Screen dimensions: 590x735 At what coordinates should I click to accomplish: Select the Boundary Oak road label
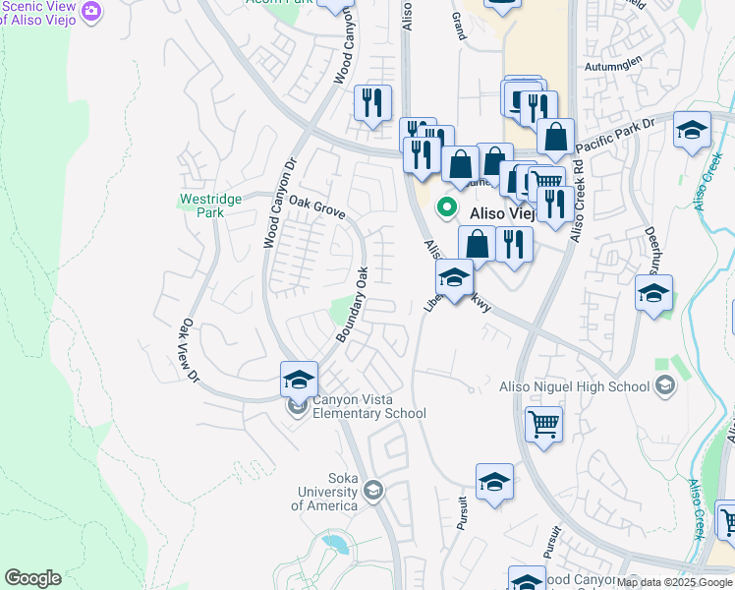pyautogui.click(x=352, y=305)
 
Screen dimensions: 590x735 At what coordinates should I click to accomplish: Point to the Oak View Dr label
pyautogui.click(x=190, y=351)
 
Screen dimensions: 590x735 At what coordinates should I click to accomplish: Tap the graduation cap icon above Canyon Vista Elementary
pyautogui.click(x=299, y=379)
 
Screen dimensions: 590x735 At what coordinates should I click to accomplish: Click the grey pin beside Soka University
pyautogui.click(x=372, y=490)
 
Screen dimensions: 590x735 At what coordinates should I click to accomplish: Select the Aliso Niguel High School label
pyautogui.click(x=576, y=385)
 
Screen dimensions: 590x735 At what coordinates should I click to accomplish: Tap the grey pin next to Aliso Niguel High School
pyautogui.click(x=666, y=384)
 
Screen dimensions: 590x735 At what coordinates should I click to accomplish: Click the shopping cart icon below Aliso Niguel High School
pyautogui.click(x=543, y=424)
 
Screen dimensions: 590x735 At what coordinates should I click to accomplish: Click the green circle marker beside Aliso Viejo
pyautogui.click(x=446, y=207)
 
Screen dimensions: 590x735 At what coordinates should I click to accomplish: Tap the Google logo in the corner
pyautogui.click(x=32, y=578)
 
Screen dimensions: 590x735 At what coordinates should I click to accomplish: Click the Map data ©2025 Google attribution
pyautogui.click(x=674, y=582)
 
